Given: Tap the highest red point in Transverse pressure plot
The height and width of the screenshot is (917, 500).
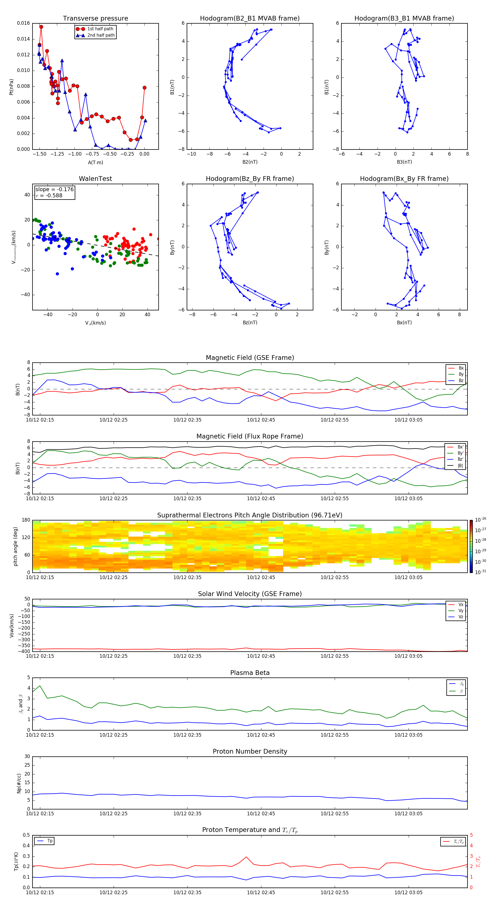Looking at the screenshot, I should [x=41, y=27].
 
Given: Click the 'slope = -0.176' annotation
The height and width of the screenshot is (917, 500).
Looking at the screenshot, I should [x=54, y=190].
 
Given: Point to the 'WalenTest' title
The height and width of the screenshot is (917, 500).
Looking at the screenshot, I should [x=95, y=179].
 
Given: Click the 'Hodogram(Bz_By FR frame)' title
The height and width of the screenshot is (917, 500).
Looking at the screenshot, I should [x=250, y=179].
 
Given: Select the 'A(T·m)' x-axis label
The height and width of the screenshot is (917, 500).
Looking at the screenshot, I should [x=95, y=162].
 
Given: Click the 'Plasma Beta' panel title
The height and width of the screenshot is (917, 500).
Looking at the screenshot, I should [x=250, y=673].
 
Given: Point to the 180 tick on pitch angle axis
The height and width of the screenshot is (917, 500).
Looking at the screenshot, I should [x=26, y=520].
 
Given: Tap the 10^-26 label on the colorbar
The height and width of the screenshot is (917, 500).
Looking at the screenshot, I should [x=481, y=520].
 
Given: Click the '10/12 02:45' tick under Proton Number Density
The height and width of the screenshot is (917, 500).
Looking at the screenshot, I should [x=261, y=813].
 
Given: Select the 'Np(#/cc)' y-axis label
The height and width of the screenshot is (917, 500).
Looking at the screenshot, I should [x=19, y=783].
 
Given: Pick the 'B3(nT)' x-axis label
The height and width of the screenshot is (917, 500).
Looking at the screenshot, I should [x=404, y=162].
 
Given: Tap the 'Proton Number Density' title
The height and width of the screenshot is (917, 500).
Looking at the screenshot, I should [x=250, y=751].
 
